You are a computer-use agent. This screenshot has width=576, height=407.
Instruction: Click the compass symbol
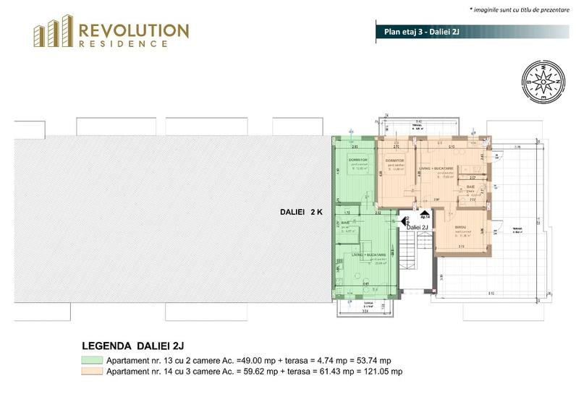[538, 80]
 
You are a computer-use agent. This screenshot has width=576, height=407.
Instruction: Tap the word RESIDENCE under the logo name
[124, 44]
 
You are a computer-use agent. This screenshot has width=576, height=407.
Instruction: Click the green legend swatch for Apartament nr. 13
[92, 359]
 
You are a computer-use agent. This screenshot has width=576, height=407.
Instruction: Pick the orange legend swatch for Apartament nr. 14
[92, 372]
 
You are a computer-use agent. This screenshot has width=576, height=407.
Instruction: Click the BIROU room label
[461, 228]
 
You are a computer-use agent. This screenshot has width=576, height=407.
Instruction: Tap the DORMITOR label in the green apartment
[358, 160]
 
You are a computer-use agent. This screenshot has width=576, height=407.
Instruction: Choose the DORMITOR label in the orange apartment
[394, 160]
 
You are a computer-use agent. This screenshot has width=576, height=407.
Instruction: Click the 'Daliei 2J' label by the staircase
[418, 227]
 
